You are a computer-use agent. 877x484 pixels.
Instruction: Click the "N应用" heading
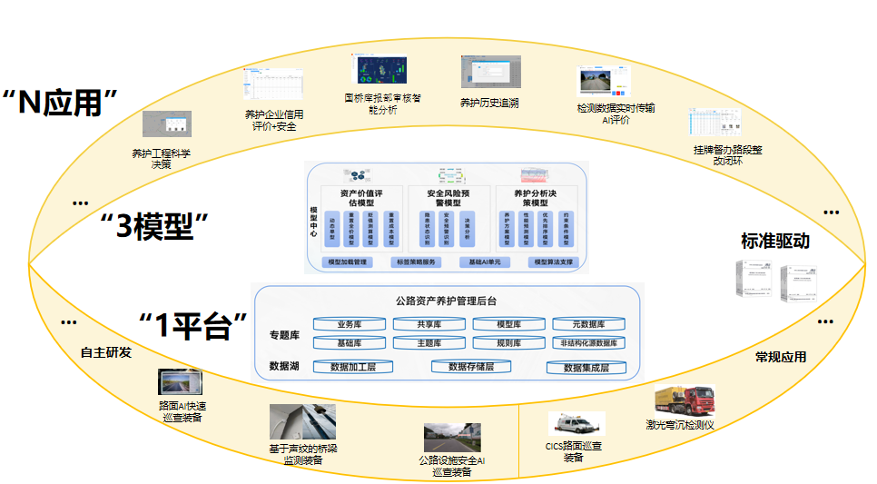point(62,103)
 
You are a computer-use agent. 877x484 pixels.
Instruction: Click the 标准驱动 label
point(774,241)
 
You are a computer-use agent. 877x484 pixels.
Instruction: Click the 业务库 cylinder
point(350,324)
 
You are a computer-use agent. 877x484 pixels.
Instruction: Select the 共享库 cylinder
point(429,324)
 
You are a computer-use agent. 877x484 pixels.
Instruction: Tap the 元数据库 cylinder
point(588,324)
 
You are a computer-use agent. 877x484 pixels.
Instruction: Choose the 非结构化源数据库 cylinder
point(588,343)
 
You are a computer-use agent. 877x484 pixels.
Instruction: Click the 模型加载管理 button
point(347,262)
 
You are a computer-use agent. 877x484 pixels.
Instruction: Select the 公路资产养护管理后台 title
point(448,301)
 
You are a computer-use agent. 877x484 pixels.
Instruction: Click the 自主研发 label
point(106,352)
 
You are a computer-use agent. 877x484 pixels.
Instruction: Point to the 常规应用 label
point(781,357)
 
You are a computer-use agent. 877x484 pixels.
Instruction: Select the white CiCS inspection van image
point(576,423)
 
